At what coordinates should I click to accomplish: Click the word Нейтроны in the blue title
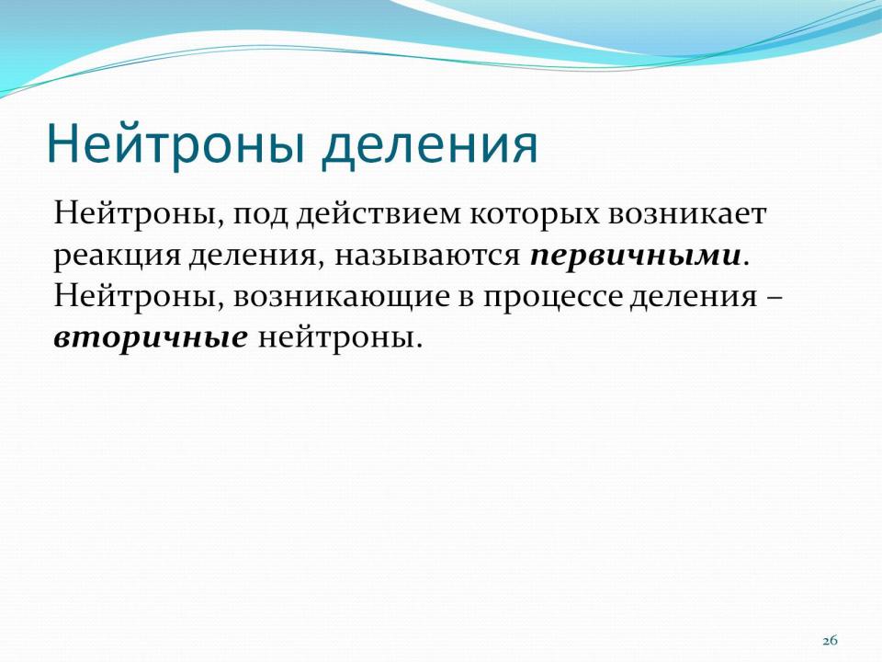pyautogui.click(x=176, y=144)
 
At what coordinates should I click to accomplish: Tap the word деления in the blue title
pyautogui.click(x=430, y=146)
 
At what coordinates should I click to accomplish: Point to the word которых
pyautogui.click(x=535, y=216)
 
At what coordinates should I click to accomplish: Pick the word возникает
pyautogui.click(x=687, y=214)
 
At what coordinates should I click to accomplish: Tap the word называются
pyautogui.click(x=427, y=257)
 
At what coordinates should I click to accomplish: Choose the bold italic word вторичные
pyautogui.click(x=151, y=339)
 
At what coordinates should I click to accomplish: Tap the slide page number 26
pyautogui.click(x=831, y=641)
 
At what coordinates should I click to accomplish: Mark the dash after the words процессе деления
pyautogui.click(x=775, y=298)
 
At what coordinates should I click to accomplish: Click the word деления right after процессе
pyautogui.click(x=693, y=298)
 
